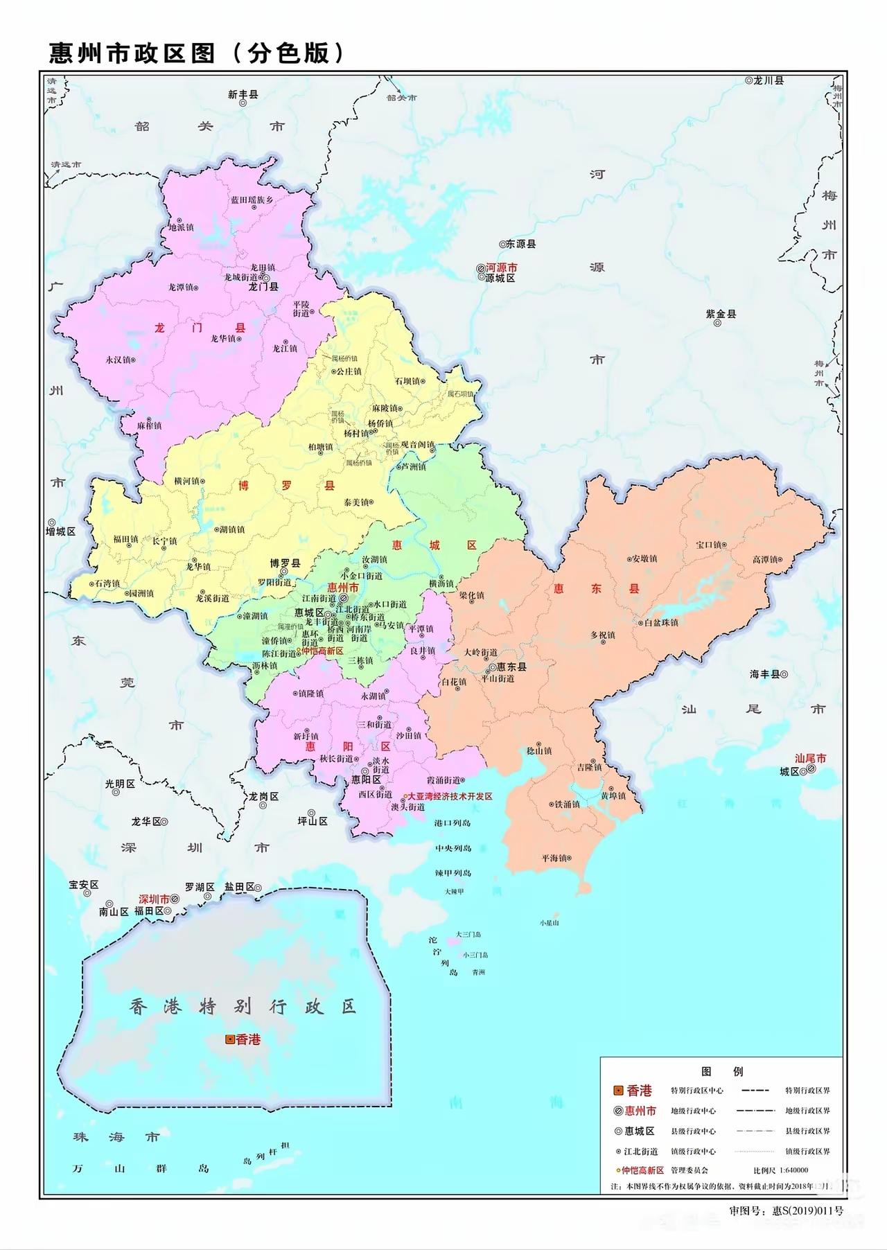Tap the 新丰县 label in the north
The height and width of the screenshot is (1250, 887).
243,94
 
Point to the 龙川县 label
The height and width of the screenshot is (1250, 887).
769,80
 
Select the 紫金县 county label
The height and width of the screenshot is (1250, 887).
721,314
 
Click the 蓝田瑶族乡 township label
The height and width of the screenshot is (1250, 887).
252,200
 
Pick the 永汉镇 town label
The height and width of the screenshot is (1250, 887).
118,360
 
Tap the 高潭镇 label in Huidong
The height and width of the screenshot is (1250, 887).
766,559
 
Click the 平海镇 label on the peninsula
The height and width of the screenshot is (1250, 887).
555,858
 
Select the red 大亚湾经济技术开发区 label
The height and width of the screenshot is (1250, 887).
450,797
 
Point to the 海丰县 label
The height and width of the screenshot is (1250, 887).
764,674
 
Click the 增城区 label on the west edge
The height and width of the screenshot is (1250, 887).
61,531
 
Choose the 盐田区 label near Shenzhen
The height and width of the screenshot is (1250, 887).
239,887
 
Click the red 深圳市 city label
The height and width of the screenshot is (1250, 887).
154,899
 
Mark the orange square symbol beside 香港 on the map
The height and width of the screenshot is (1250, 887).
229,1039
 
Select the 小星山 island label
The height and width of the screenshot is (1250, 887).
549,923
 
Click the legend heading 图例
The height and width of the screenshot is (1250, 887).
722,1071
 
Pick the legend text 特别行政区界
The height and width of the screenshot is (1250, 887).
807,1091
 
